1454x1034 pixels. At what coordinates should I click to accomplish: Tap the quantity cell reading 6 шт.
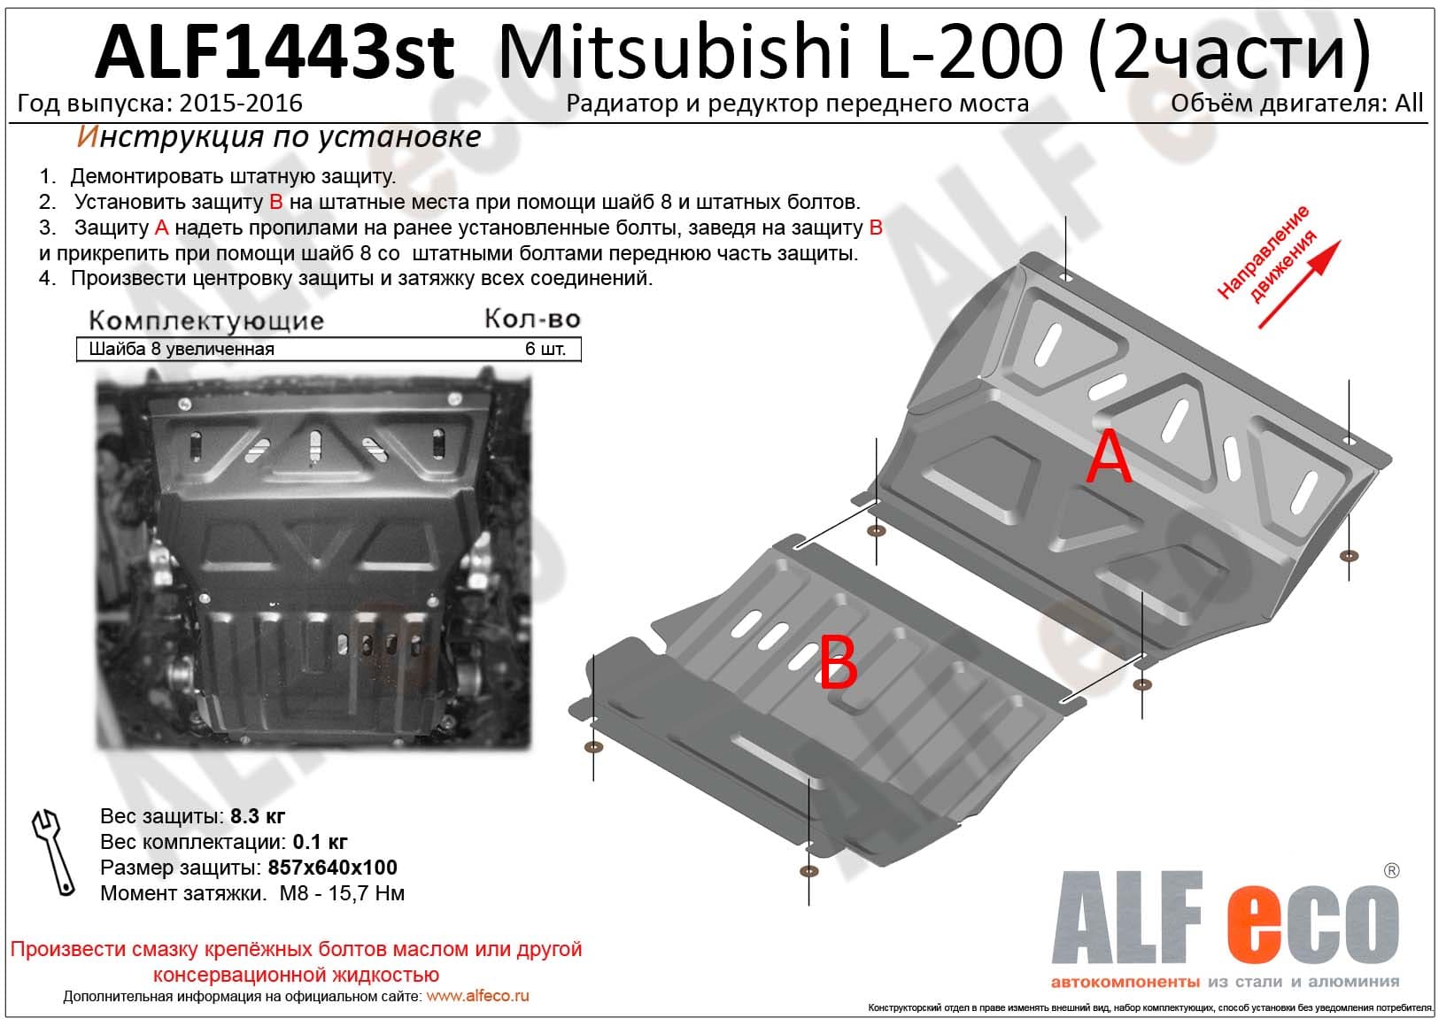click(x=545, y=349)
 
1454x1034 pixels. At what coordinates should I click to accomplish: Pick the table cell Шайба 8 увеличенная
click(x=182, y=349)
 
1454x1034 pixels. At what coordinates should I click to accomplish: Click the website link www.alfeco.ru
click(x=478, y=996)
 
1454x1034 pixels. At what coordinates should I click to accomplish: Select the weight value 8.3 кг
click(x=258, y=816)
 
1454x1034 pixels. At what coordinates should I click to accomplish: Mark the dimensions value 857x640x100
click(x=332, y=868)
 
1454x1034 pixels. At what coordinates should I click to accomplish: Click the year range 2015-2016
click(x=241, y=104)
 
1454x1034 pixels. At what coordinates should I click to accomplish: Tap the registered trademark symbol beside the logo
click(x=1391, y=870)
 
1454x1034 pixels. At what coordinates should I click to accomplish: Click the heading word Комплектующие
click(x=206, y=320)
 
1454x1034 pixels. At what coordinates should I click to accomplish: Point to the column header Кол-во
click(x=532, y=319)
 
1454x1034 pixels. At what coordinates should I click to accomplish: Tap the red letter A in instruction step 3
click(x=162, y=228)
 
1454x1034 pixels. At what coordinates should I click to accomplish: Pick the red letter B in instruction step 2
click(x=276, y=202)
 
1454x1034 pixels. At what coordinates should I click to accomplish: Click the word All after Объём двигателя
click(x=1409, y=104)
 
